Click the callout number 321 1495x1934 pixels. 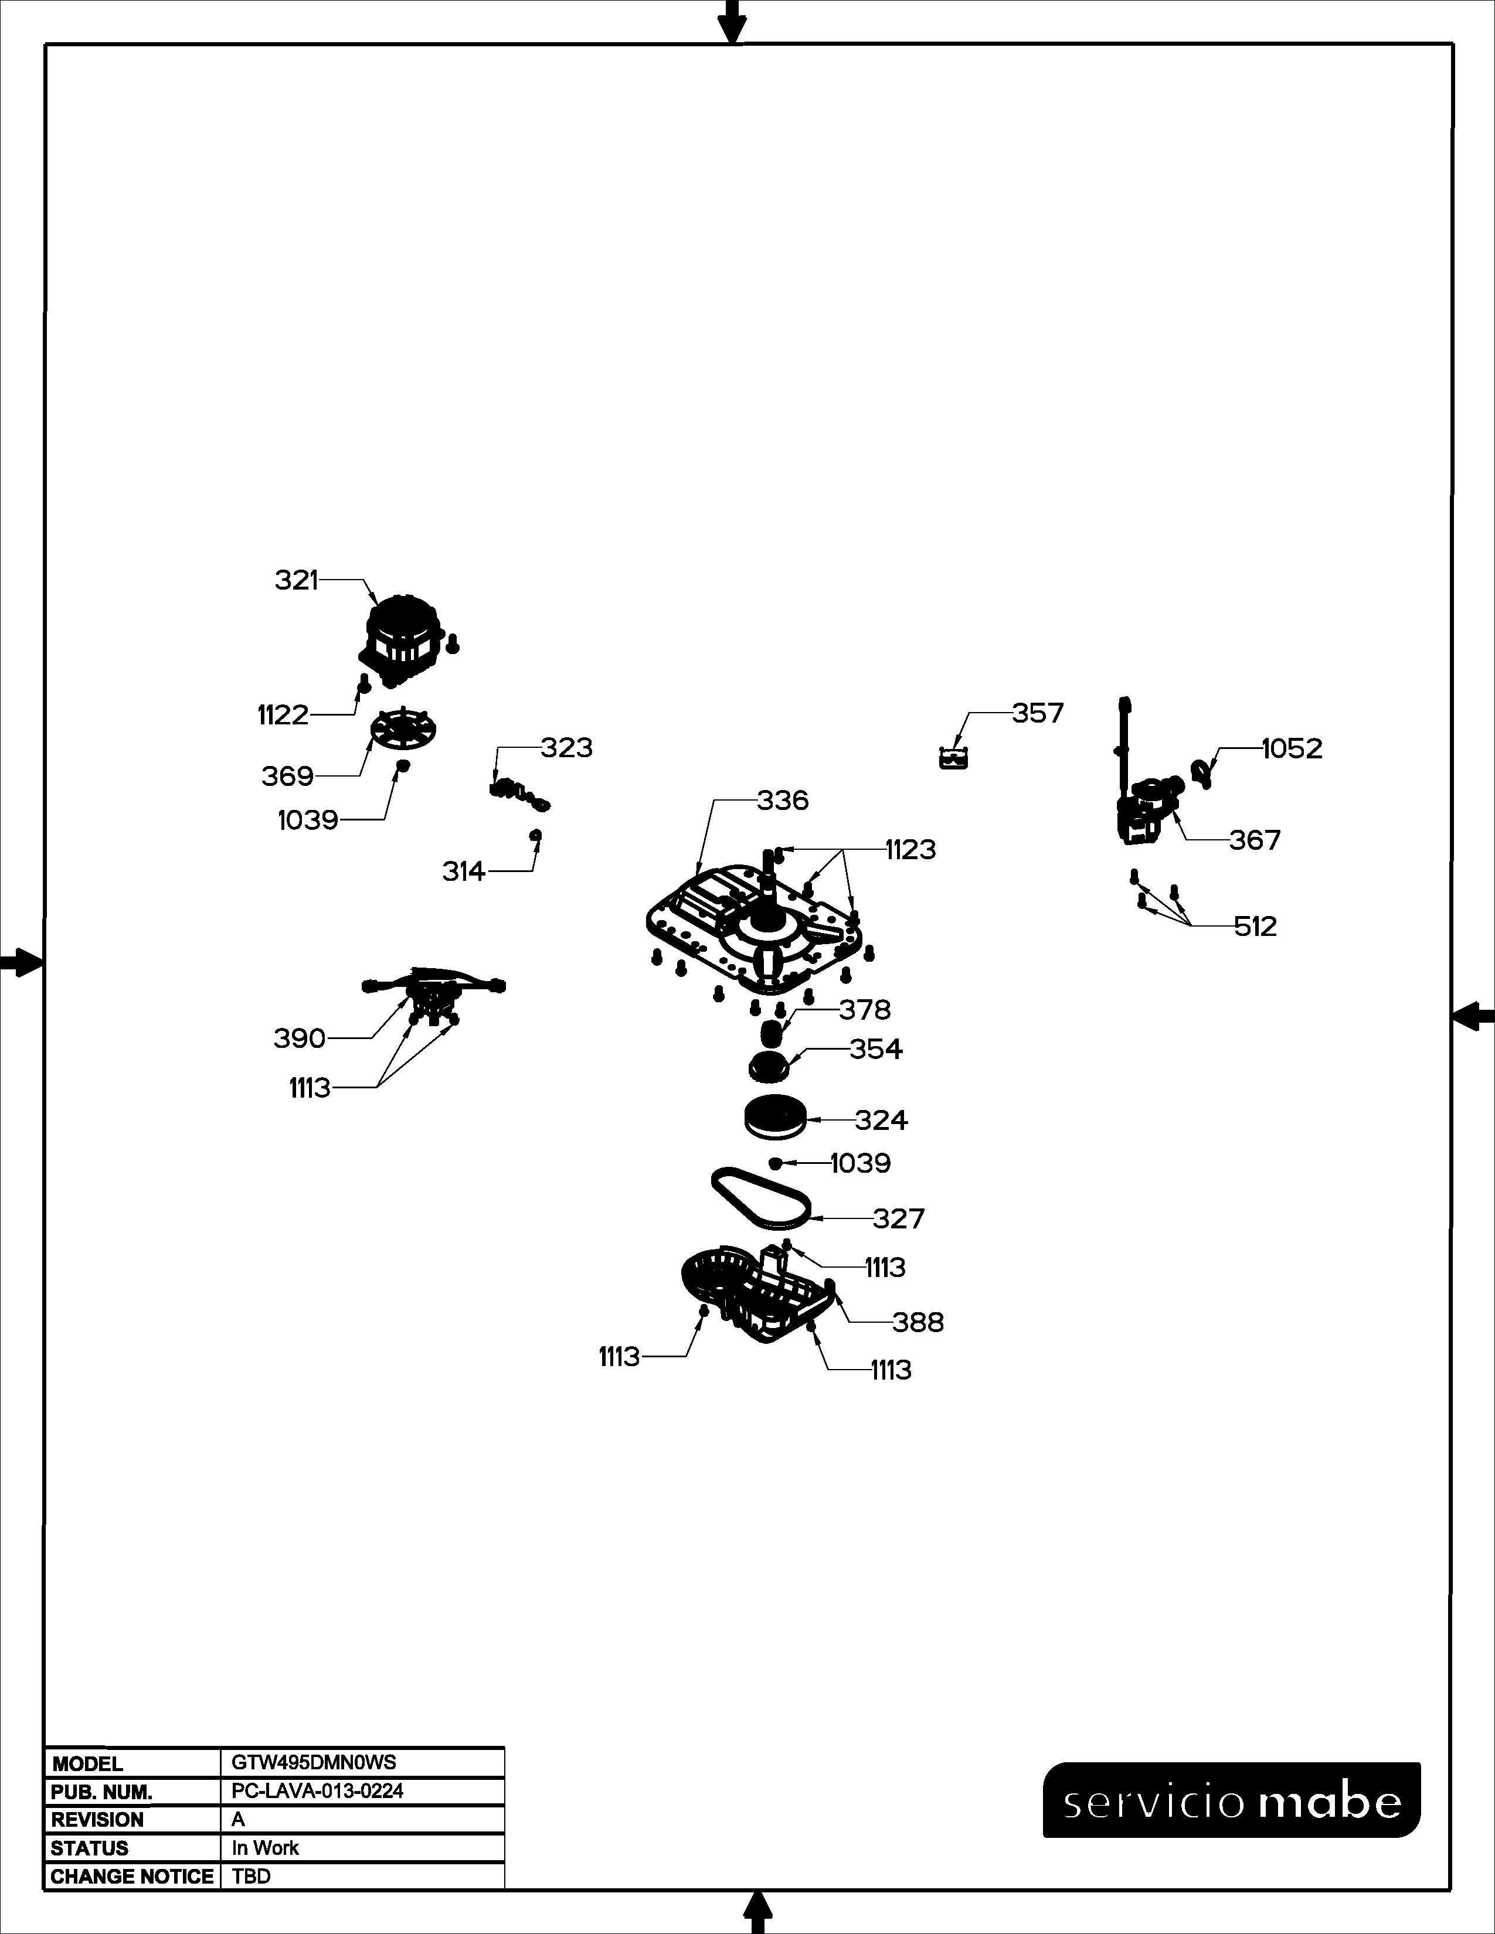(296, 580)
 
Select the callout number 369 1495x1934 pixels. (288, 777)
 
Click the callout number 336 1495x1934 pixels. (783, 801)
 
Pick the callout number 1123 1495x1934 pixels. (910, 850)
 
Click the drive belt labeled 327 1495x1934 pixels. (761, 1198)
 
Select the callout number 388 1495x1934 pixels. (919, 1323)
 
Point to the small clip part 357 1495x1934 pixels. (953, 758)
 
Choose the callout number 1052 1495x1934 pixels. (1292, 749)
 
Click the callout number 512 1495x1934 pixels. (1256, 927)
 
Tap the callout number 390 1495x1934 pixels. (300, 1038)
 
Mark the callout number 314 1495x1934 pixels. (464, 872)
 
